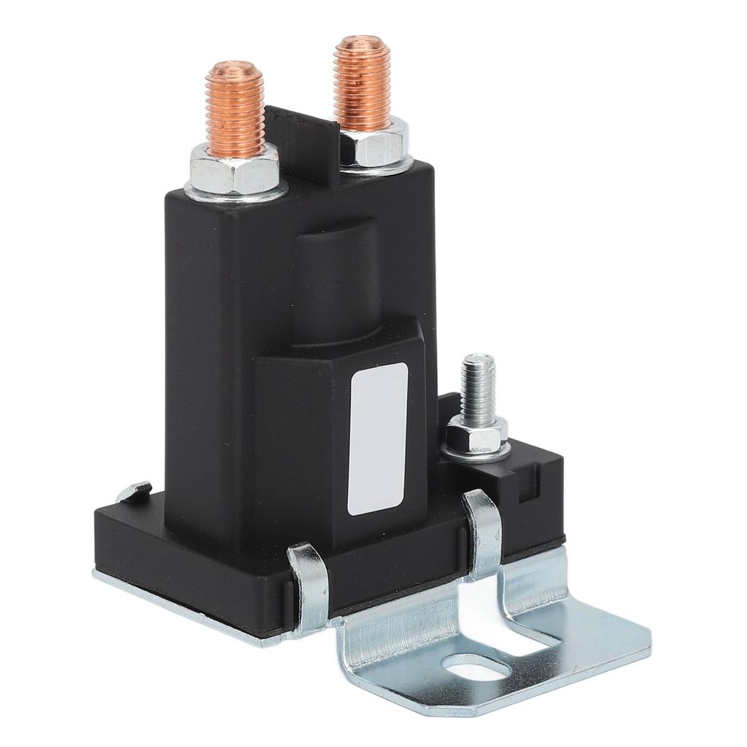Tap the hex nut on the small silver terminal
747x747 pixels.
[476, 435]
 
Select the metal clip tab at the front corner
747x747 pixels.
[309, 584]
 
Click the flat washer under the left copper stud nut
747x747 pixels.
[236, 191]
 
